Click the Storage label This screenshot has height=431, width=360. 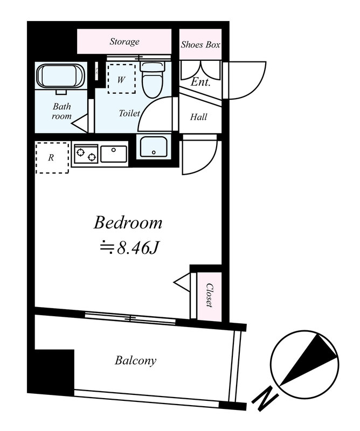[124, 41]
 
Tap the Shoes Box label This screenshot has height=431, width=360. [200, 45]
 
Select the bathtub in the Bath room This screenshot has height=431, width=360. [60, 77]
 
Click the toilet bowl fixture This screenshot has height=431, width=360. [152, 79]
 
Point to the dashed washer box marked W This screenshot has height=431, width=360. [121, 79]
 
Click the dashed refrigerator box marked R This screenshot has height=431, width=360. [52, 158]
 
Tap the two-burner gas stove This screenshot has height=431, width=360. [86, 154]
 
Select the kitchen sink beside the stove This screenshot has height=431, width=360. [114, 154]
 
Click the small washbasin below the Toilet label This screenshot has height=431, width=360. [154, 147]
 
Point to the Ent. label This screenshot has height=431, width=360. [200, 82]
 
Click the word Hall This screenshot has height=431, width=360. [198, 117]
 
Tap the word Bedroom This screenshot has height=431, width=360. [128, 223]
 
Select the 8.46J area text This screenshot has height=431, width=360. [130, 248]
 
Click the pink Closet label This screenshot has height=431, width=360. [210, 295]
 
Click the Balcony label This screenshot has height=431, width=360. [136, 360]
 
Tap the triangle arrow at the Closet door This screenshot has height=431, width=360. [182, 282]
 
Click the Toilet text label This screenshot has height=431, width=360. [129, 113]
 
